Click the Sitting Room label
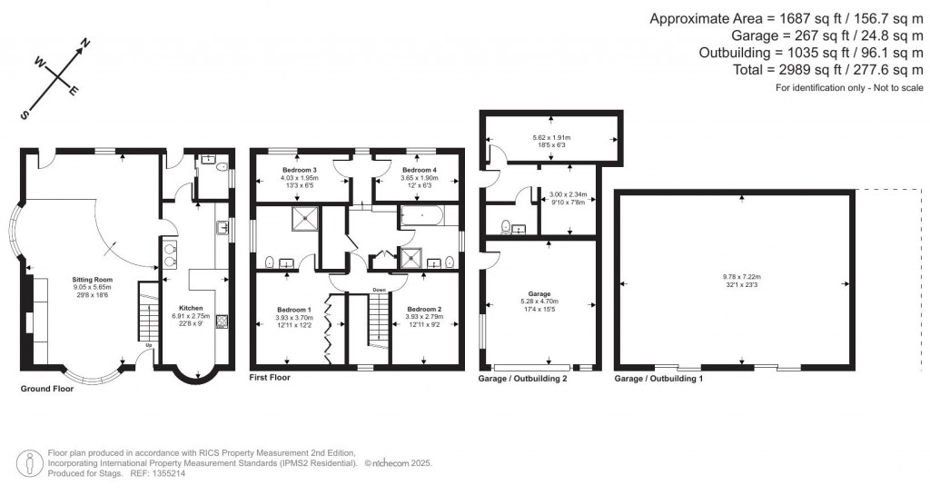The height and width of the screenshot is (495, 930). (93, 280)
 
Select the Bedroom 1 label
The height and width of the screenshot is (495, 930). (294, 310)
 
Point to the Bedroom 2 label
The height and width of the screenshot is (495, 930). (423, 310)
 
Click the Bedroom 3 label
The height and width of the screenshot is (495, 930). (298, 170)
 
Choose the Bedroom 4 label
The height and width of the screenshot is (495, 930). (420, 170)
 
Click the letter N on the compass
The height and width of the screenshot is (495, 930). (86, 43)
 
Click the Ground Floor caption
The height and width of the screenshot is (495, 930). (47, 388)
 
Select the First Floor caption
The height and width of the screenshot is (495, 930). (270, 377)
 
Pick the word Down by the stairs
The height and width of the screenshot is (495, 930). (380, 290)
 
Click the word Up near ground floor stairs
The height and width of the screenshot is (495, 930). (148, 345)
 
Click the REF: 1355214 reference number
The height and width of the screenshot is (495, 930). (171, 473)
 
